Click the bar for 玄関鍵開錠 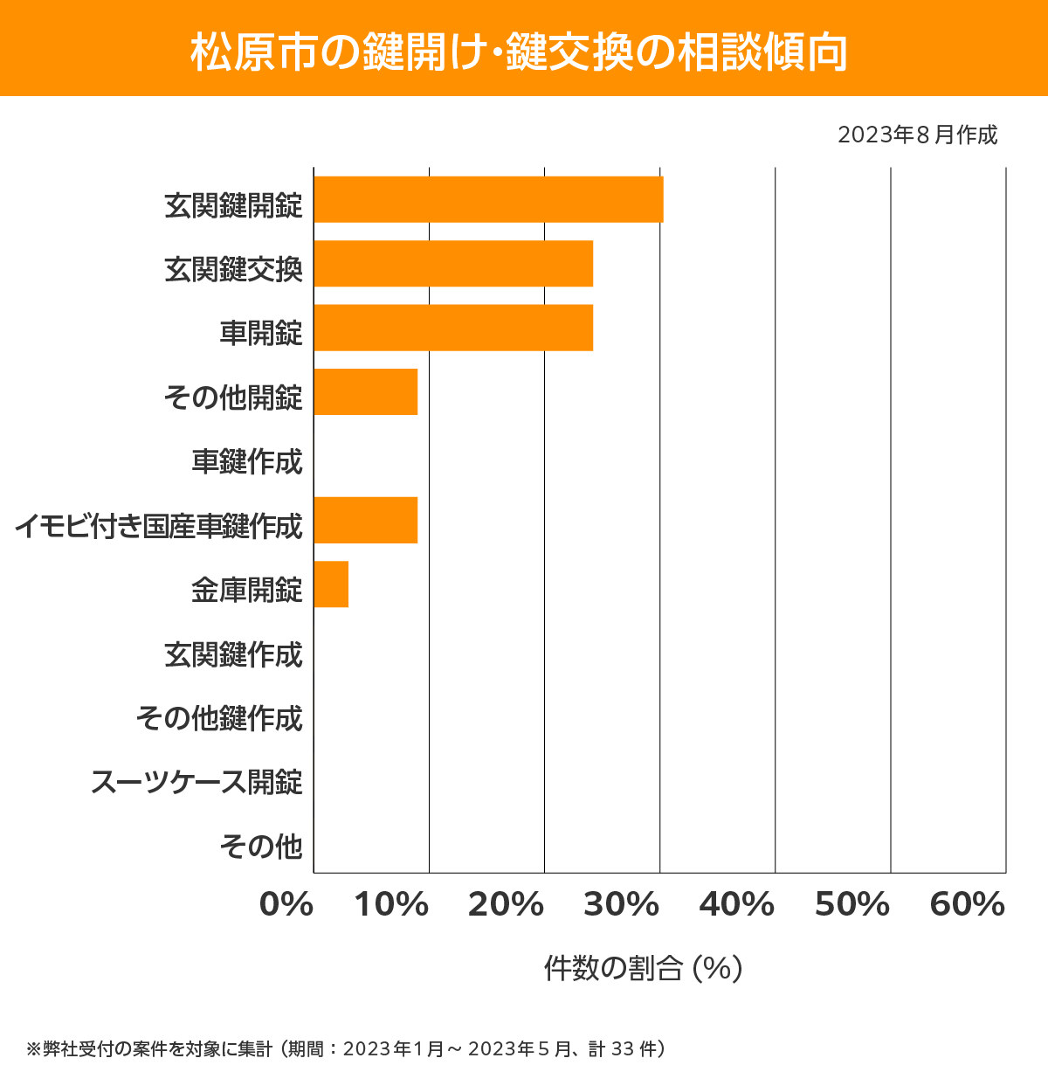[x=488, y=199]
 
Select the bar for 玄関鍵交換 [x=453, y=264]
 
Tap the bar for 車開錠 [x=453, y=328]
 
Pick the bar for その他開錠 [x=365, y=392]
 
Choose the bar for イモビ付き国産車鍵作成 [x=365, y=520]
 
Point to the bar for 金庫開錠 [x=331, y=584]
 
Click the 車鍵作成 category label [x=247, y=461]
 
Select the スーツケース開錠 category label [x=196, y=782]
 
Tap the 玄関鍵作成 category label [x=233, y=654]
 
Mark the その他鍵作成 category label [x=219, y=718]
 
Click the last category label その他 [x=261, y=846]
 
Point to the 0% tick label [x=286, y=905]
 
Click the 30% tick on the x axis [x=621, y=905]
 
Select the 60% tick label [x=968, y=905]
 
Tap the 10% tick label [x=391, y=905]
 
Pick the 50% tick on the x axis [x=852, y=905]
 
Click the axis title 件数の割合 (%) [x=643, y=968]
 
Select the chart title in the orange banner [x=520, y=52]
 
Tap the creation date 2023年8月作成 [x=917, y=135]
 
